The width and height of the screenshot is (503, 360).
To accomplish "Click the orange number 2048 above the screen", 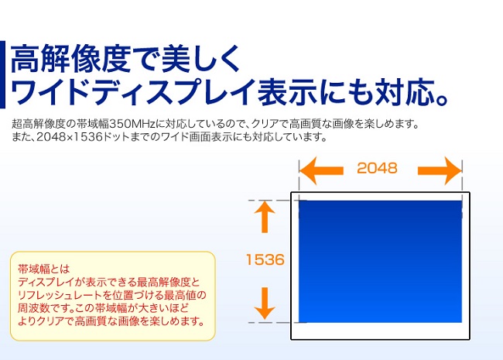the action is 377,168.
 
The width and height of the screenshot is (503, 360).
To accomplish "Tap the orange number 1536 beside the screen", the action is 265,259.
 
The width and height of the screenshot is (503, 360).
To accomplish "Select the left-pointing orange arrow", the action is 321,170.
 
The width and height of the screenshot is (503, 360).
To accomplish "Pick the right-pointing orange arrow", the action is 440,170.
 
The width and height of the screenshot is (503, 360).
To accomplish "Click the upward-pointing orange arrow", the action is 265,217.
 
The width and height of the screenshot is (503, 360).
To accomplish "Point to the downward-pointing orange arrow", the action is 265,303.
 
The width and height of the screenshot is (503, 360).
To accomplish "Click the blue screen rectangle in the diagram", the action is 380,262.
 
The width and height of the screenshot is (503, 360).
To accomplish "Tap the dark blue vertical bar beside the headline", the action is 2,74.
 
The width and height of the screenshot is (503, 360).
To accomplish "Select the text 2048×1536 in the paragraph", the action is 70,137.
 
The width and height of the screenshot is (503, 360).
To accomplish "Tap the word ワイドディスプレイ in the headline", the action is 133,92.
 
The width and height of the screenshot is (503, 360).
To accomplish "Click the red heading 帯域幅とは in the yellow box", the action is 43,269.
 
